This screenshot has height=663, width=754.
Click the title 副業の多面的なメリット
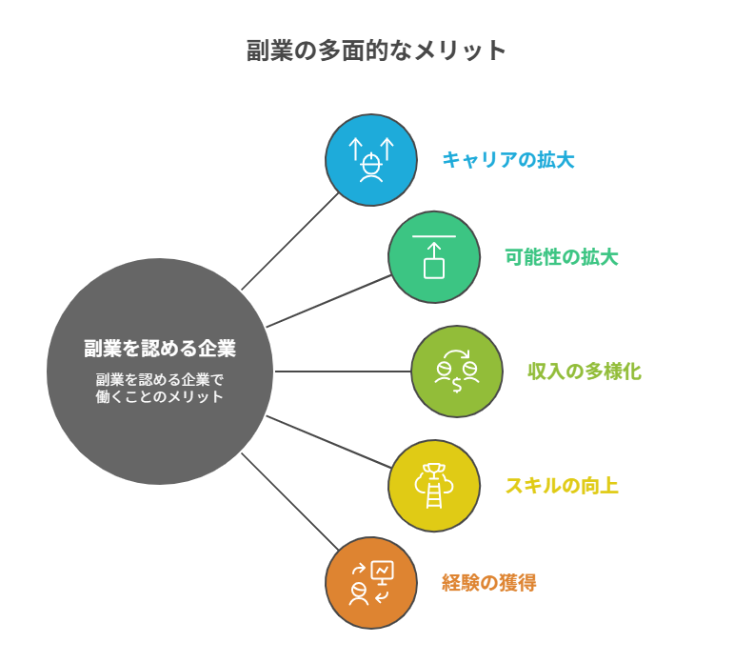[x=375, y=50]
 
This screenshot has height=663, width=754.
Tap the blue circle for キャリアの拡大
[x=371, y=160]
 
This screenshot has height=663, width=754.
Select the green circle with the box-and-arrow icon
[x=434, y=257]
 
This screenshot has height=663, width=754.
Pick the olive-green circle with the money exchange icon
[x=457, y=372]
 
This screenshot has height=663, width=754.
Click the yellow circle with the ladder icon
[x=434, y=486]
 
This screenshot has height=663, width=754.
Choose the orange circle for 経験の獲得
[x=371, y=583]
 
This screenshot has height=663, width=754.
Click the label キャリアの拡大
[x=508, y=160]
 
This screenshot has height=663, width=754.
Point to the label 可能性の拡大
[x=562, y=257]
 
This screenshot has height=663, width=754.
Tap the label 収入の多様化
[x=585, y=372]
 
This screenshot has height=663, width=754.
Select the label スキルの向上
[x=562, y=486]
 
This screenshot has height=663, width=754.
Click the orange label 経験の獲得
[x=489, y=583]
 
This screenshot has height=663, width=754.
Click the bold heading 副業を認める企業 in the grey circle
[x=160, y=349]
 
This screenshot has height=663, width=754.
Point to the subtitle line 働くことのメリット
[x=160, y=396]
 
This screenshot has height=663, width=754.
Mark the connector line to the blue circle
[x=290, y=242]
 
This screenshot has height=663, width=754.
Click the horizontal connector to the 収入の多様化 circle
[x=343, y=372]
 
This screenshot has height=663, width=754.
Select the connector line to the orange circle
[x=290, y=501]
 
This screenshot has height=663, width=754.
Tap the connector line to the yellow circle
[x=328, y=442]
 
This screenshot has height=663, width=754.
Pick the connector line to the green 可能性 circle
[x=328, y=301]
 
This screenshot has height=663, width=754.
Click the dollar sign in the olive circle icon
[x=457, y=385]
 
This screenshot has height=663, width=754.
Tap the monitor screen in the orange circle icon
[x=383, y=571]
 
